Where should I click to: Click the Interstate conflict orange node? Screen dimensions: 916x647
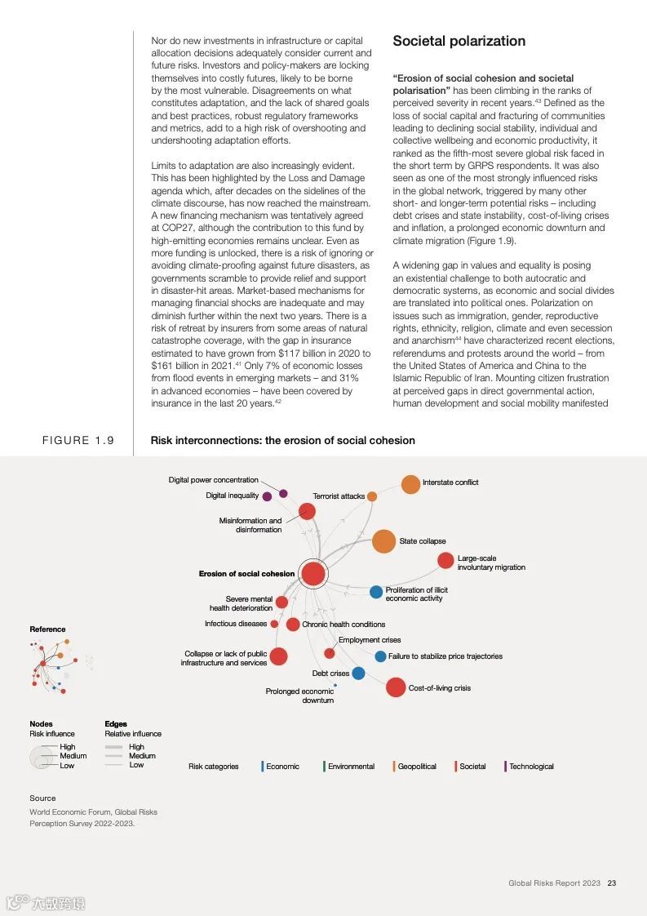pos(410,484)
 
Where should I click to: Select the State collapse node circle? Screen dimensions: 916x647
pos(383,540)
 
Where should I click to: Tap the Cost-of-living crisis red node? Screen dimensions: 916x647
pos(396,687)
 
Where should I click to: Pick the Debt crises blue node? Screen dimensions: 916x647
pos(358,674)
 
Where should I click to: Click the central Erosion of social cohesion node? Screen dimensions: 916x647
pos(312,574)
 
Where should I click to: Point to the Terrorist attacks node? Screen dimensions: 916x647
pos(372,496)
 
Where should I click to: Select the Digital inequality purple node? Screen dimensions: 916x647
pos(267,496)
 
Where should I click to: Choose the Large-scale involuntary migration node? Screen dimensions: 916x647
pos(445,560)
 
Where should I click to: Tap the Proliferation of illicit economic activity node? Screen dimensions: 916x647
pos(376,592)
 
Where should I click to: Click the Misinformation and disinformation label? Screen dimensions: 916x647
pos(250,525)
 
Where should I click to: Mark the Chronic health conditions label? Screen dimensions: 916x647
pos(343,625)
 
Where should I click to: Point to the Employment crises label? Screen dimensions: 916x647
pos(370,640)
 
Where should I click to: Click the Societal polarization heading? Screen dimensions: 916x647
pos(459,41)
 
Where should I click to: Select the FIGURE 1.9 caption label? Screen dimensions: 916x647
pos(78,441)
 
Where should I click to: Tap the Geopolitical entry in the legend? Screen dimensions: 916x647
pos(416,767)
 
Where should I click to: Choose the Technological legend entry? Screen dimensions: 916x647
pos(530,767)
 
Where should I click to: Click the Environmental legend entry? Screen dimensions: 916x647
pos(351,767)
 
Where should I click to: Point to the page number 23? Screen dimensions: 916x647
pos(611,883)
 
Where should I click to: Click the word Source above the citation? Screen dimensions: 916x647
pos(43,798)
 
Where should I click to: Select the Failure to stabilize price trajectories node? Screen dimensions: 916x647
pos(380,656)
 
